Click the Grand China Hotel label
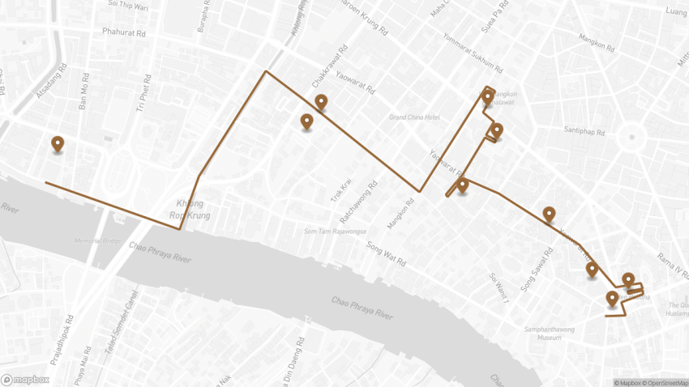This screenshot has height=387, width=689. pyautogui.click(x=414, y=118)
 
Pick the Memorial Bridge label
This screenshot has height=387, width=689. pyautogui.click(x=99, y=241)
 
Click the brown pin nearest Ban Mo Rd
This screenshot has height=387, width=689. pyautogui.click(x=58, y=144)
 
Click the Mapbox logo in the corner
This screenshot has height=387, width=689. pyautogui.click(x=26, y=379)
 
